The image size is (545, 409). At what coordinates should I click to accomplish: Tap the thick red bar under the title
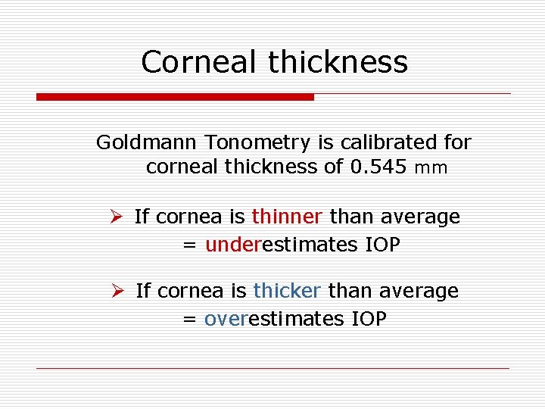(175, 97)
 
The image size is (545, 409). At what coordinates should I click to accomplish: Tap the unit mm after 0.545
(431, 168)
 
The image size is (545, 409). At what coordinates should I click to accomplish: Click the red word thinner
(287, 217)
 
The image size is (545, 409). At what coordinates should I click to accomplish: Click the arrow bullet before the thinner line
(116, 217)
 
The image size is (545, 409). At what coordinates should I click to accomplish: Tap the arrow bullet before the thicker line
(117, 292)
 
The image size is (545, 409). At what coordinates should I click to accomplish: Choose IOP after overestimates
(369, 319)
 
